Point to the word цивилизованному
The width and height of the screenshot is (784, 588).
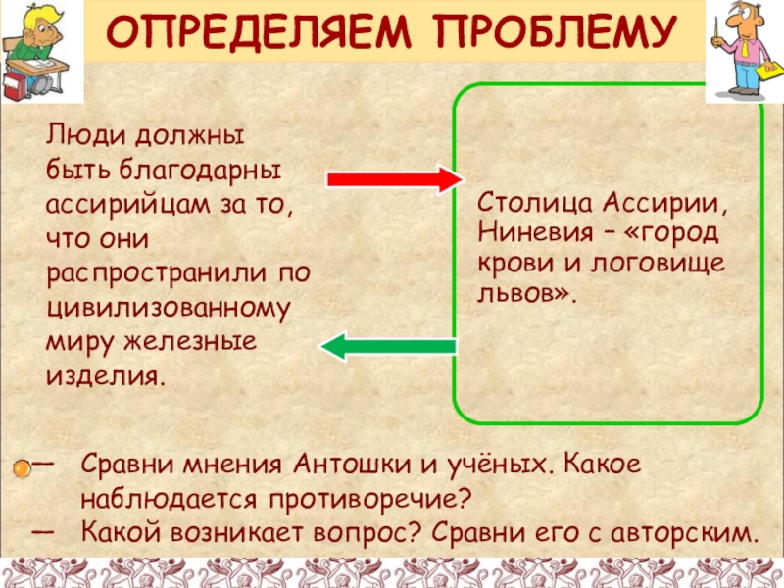[x=169, y=308]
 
